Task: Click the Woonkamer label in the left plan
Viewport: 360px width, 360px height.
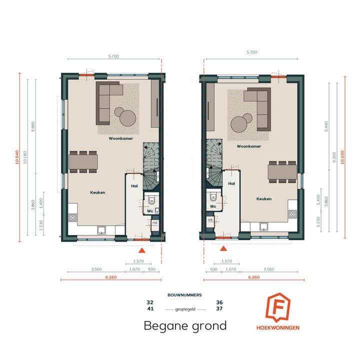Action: [x=121, y=138]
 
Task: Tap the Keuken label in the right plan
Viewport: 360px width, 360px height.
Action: [x=264, y=198]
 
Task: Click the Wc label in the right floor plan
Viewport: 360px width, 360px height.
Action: [x=212, y=205]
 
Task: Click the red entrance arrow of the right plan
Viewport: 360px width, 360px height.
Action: [x=224, y=248]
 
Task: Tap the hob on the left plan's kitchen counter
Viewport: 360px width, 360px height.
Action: [x=72, y=217]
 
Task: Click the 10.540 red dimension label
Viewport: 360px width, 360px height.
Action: [x=17, y=157]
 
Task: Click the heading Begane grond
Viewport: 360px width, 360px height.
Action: [x=185, y=326]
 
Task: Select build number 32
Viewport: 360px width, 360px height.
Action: [x=150, y=302]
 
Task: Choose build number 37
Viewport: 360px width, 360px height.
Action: [x=219, y=308]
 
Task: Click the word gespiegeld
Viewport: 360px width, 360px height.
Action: [x=184, y=308]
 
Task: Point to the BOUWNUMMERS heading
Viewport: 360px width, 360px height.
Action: [x=184, y=295]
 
